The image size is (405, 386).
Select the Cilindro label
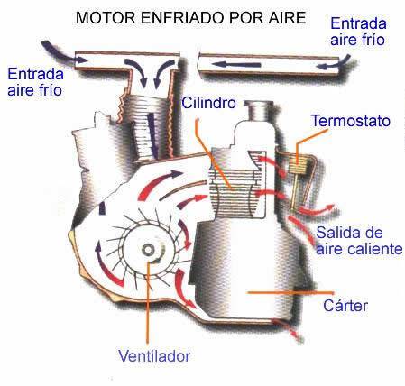tap(208, 103)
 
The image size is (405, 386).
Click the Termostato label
tap(351, 121)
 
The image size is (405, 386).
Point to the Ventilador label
tap(154, 356)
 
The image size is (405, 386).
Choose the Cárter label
tap(345, 306)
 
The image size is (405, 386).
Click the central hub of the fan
tap(148, 250)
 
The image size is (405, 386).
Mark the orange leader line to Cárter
tap(290, 292)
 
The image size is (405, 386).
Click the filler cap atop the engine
tap(259, 109)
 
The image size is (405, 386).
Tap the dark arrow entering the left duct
tap(62, 52)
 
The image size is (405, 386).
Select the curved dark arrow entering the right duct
tap(333, 63)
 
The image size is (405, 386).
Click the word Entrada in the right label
tap(358, 23)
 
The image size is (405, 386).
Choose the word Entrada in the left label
tap(35, 74)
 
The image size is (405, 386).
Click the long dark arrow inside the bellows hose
tap(152, 135)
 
